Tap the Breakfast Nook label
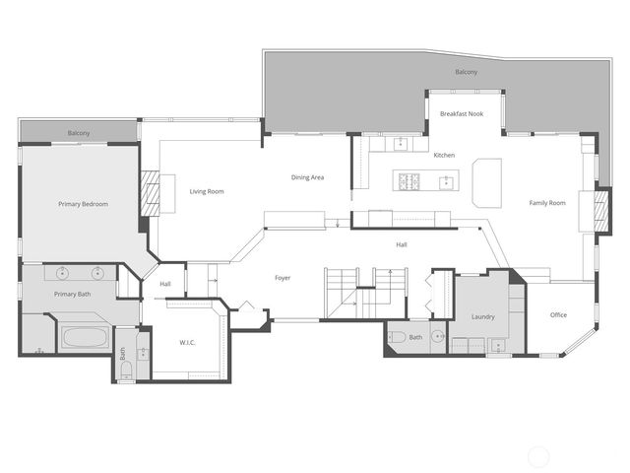click(x=461, y=115)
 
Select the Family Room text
click(x=547, y=203)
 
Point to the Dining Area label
click(x=307, y=177)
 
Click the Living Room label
click(x=207, y=191)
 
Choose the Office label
click(x=558, y=315)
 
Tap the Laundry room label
click(x=482, y=316)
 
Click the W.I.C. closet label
click(x=189, y=342)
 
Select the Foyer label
click(x=283, y=278)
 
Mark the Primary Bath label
click(x=72, y=294)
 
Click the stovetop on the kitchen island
click(x=409, y=181)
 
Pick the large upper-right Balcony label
click(x=467, y=73)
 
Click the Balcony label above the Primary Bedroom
click(x=80, y=133)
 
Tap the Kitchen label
click(x=444, y=156)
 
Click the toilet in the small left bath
click(x=125, y=371)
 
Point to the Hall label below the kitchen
click(x=402, y=244)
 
